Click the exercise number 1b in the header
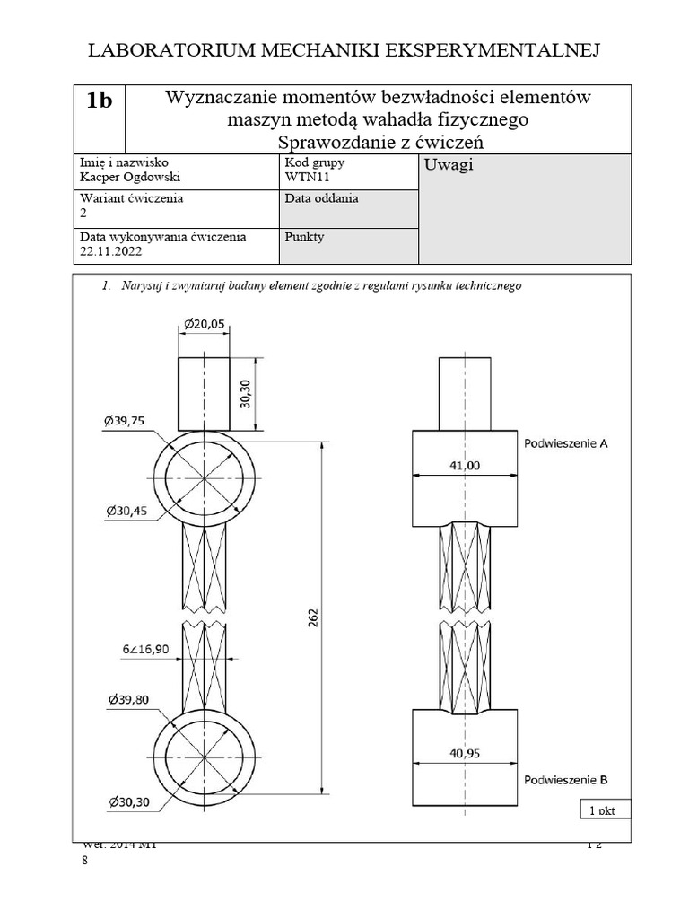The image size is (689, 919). pyautogui.click(x=100, y=101)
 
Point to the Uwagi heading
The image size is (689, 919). pyautogui.click(x=449, y=165)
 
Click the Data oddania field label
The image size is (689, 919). pyautogui.click(x=321, y=198)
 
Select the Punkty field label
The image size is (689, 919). pyautogui.click(x=305, y=237)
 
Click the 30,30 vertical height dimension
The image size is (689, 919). pyautogui.click(x=247, y=392)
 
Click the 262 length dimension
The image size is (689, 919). pyautogui.click(x=314, y=618)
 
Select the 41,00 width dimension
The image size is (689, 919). pyautogui.click(x=466, y=465)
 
